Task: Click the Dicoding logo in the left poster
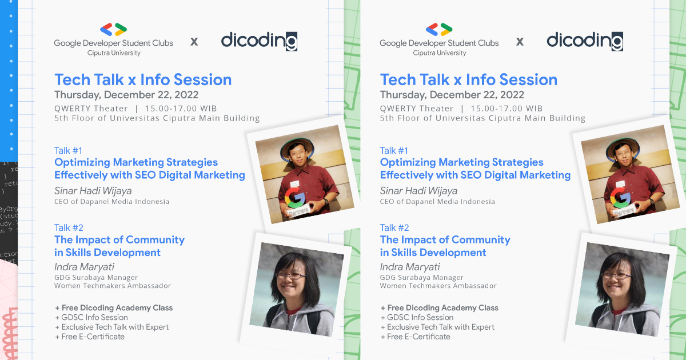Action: coord(259,41)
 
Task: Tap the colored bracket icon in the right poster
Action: coord(439,30)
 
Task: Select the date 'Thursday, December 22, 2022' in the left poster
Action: coord(126,95)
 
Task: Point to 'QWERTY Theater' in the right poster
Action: coord(417,109)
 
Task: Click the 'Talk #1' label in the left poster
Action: coord(68,150)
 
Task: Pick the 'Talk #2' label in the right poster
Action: coord(394,227)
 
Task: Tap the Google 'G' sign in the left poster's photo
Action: coord(294,198)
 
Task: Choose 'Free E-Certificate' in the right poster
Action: coord(416,337)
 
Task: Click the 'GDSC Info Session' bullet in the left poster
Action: coord(91,317)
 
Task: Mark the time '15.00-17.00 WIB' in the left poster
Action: coord(181,109)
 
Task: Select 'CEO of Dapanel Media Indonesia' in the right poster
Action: coord(437,202)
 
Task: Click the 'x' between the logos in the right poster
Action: coord(520,42)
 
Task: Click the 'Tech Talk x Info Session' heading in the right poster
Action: coord(469,79)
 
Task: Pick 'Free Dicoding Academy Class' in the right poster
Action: coord(440,307)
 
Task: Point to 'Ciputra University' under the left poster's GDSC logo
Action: coord(114,53)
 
